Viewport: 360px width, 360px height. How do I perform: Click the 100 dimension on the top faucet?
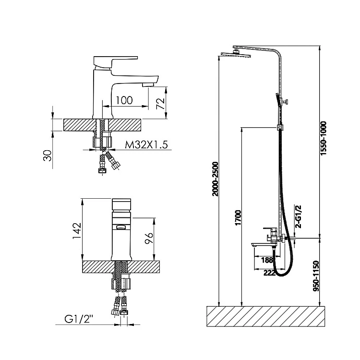coord(124,100)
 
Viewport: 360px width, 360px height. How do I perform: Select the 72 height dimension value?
coord(161,104)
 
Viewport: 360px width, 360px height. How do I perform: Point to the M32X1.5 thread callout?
coord(146,144)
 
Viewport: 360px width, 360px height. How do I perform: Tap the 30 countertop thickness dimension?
coord(48,156)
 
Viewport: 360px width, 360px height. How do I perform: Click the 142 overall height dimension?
coord(77,231)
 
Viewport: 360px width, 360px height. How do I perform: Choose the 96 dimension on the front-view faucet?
coord(149,238)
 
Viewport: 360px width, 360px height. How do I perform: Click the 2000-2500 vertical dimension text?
coord(216,179)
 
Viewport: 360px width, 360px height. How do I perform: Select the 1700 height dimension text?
coord(239,217)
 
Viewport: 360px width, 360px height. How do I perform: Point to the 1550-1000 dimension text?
coord(324,138)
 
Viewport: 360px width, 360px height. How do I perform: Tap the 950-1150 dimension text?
coord(316,276)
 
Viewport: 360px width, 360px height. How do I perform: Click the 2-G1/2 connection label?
coord(299,217)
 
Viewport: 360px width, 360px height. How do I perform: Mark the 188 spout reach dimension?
coord(267,260)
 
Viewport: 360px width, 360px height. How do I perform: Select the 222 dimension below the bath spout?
coord(270,273)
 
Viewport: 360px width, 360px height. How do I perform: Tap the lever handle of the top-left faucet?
coord(116,62)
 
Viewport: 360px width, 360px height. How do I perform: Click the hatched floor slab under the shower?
coord(266,316)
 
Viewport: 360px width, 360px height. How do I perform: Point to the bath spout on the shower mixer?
coord(261,245)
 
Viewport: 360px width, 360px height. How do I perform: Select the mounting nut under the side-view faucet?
coord(102,142)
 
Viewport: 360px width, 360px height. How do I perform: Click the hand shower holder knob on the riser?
coord(286,101)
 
